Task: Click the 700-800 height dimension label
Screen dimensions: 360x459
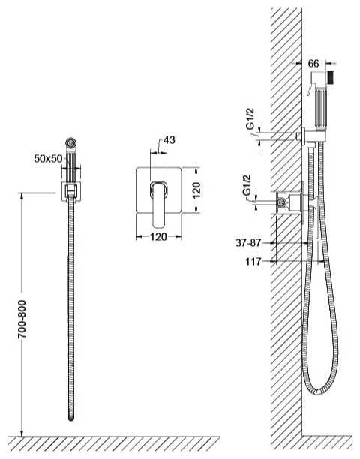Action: (22, 319)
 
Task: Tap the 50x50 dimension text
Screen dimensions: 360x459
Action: (48, 159)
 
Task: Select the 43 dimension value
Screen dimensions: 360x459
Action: (169, 140)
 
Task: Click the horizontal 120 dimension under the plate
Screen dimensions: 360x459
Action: (158, 236)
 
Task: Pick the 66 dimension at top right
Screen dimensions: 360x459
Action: (313, 64)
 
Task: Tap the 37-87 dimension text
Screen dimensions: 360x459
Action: (248, 243)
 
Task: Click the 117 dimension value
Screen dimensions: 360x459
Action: (253, 262)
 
